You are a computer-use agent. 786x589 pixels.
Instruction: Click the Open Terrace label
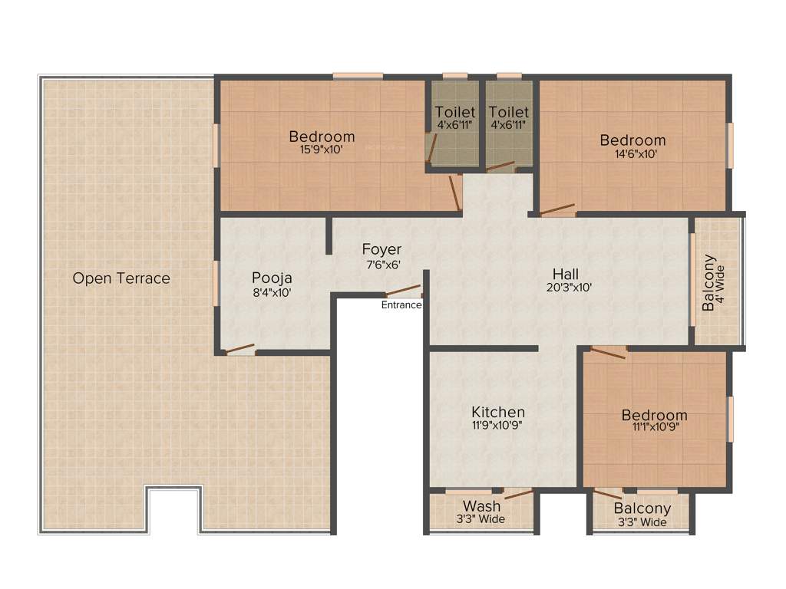[121, 278]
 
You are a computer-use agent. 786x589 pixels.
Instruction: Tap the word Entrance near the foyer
[401, 304]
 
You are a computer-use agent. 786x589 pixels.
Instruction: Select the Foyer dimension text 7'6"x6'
[381, 265]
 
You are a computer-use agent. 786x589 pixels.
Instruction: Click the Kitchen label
[498, 412]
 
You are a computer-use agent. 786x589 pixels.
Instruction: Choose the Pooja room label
[272, 278]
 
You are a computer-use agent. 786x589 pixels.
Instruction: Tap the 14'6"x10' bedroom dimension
[632, 153]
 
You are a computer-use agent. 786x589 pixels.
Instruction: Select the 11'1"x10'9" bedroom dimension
[654, 428]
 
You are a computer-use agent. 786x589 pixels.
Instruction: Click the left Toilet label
[455, 113]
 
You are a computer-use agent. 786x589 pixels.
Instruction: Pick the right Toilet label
[508, 113]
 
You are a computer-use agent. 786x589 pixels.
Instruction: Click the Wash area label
[481, 506]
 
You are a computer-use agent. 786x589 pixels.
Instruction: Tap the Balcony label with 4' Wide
[708, 283]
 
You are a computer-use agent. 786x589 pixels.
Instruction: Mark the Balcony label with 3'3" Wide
[642, 508]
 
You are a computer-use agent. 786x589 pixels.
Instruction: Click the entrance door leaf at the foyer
[402, 291]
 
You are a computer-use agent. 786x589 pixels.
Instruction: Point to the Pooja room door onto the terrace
[239, 350]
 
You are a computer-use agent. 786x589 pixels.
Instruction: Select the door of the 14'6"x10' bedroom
[557, 209]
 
